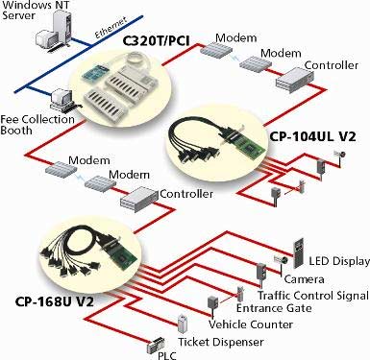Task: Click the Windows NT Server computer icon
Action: pos(54,31)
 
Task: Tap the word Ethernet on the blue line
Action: pos(111,27)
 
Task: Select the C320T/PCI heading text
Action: pos(157,41)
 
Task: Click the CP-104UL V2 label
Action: pos(312,136)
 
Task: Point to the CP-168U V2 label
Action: pos(55,301)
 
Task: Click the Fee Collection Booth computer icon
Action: pos(62,101)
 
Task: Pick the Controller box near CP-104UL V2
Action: pos(295,80)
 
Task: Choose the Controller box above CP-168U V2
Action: pos(139,199)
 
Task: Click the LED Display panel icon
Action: pos(298,252)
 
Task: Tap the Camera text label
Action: pos(304,279)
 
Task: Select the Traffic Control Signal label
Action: pos(313,295)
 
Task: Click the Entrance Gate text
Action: pos(274,308)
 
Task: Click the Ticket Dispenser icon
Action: pos(182,324)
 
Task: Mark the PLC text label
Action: pos(167,355)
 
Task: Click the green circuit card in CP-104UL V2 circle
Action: pos(252,143)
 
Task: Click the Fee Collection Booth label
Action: pos(37,125)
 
